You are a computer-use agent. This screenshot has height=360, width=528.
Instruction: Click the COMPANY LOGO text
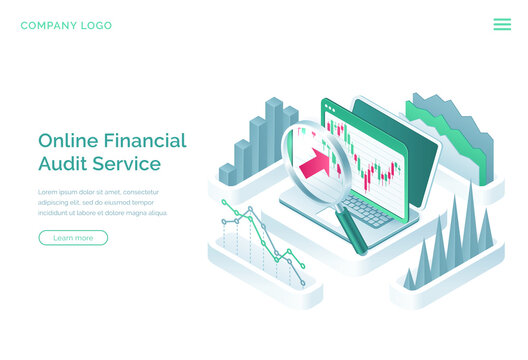(66, 25)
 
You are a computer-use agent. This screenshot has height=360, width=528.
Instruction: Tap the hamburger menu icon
(502, 24)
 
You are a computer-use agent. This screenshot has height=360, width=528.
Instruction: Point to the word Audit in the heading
(60, 164)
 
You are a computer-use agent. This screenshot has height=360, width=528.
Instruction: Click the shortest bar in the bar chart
(227, 174)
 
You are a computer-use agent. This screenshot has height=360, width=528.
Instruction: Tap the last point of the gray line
(303, 283)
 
